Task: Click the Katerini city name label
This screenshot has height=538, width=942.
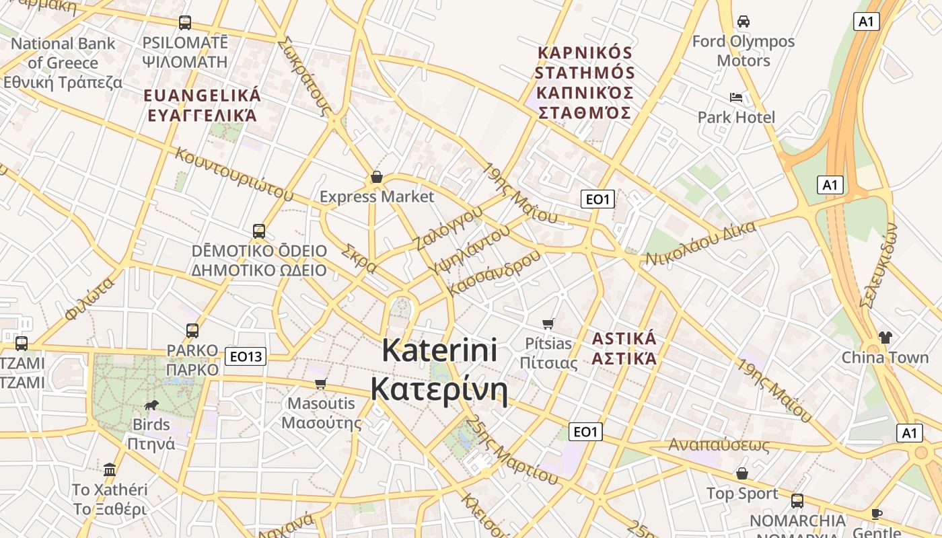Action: (439, 370)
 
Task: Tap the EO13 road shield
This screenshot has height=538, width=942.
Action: (245, 356)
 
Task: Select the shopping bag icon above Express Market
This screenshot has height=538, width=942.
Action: (377, 178)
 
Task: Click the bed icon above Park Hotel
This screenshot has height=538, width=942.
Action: (736, 98)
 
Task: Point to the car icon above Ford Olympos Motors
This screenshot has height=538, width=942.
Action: (744, 22)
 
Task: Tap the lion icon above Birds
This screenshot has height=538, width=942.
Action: (151, 405)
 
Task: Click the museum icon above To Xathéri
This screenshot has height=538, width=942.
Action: (110, 469)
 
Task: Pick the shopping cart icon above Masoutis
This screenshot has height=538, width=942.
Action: (321, 383)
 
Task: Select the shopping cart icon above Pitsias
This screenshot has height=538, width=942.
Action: (548, 323)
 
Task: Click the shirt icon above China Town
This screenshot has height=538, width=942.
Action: (885, 337)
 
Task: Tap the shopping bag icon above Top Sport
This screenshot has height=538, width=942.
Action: (742, 473)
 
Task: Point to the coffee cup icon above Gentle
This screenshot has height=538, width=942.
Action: (877, 514)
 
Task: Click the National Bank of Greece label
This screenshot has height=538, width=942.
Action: (63, 63)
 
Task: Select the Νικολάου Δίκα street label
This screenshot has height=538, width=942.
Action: (700, 243)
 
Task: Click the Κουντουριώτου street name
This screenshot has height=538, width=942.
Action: (234, 174)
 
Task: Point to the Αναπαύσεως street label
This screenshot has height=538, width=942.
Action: (719, 445)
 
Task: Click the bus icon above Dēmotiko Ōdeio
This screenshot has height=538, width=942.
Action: (259, 231)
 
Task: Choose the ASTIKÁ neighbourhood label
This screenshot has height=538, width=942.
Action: (624, 348)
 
